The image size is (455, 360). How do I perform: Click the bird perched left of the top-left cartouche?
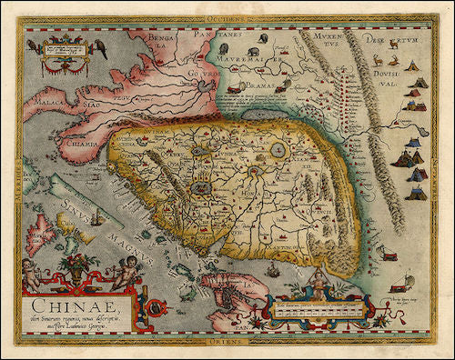point(33,45)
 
